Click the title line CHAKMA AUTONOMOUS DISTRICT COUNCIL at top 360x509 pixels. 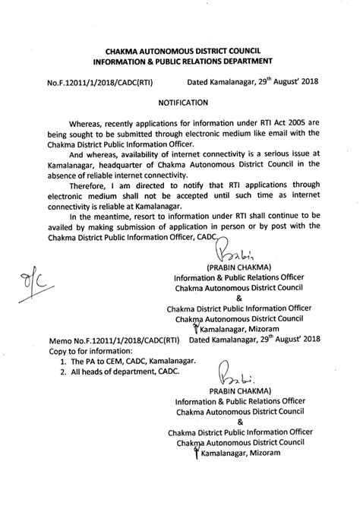[x=180, y=48]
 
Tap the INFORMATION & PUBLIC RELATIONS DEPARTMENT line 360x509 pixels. [x=180, y=60]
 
